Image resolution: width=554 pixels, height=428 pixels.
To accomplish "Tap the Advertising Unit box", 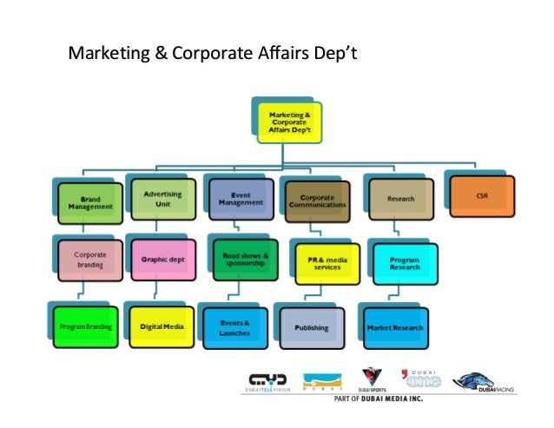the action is (162, 199).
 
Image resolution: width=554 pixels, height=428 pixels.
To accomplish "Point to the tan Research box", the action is (400, 199).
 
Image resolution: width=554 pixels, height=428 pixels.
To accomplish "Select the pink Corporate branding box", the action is (90, 260).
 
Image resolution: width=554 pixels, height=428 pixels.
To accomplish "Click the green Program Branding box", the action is (85, 326).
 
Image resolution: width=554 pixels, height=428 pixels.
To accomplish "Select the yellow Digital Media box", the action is (161, 326).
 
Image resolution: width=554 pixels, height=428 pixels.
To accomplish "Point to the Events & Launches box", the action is (234, 327).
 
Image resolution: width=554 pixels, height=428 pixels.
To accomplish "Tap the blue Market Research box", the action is (395, 327).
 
